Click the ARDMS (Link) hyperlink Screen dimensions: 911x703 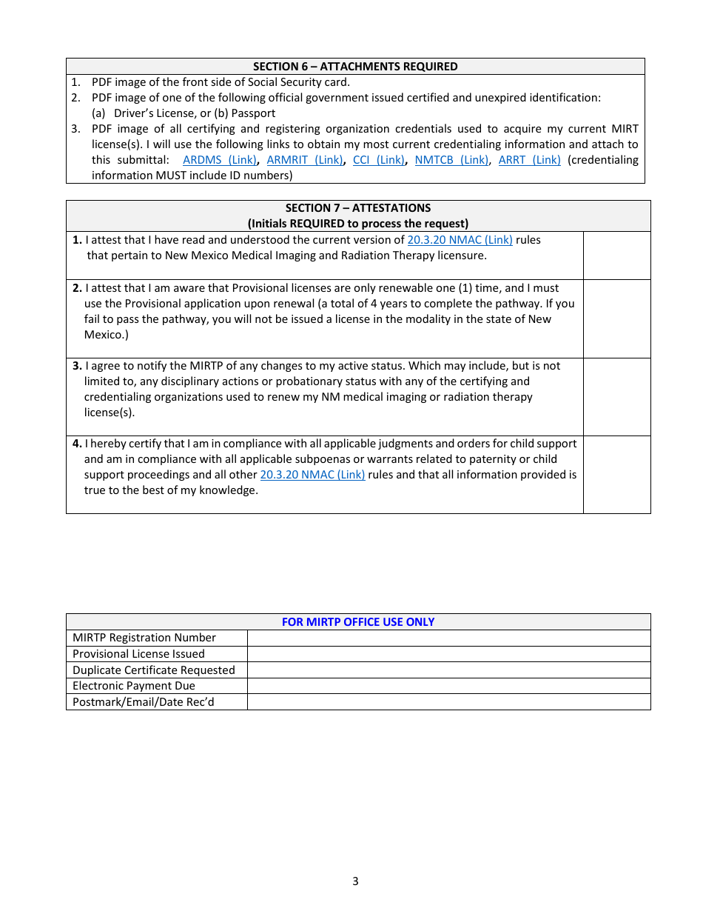219,160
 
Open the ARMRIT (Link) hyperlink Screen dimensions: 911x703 304,160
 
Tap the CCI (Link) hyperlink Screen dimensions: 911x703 378,160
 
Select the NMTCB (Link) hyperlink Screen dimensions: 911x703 451,160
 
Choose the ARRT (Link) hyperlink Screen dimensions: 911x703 529,160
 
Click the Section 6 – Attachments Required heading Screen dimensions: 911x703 355,67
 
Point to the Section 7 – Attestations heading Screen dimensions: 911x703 358,208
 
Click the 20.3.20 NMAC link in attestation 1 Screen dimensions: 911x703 460,240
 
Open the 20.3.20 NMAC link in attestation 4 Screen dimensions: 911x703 312,475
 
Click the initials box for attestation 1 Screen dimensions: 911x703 616,256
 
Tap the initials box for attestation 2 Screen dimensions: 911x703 616,318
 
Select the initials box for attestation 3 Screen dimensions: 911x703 616,397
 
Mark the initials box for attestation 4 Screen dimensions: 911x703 616,475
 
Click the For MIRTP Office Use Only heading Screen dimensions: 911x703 358,622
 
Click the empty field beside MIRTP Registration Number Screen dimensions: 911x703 448,638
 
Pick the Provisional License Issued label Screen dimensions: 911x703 138,654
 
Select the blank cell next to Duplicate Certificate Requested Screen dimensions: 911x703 448,670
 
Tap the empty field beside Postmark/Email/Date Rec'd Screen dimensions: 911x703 448,702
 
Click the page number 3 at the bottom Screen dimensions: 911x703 355,881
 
